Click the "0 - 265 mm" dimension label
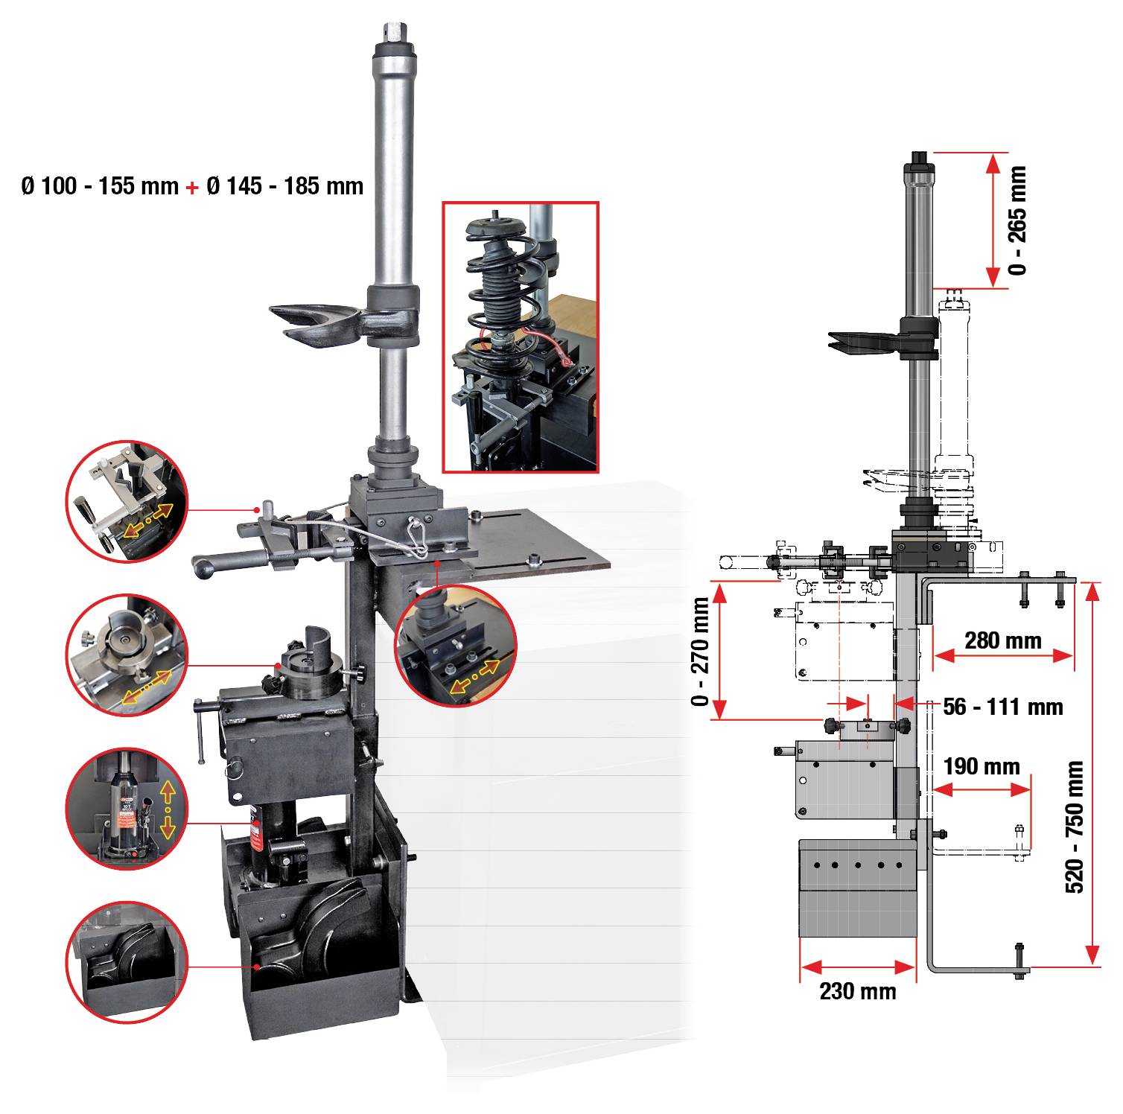1017,220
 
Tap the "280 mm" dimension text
1002,640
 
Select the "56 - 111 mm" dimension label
1003,706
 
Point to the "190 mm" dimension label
982,766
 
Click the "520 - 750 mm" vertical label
1075,827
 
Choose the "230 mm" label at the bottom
858,991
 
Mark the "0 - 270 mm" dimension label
701,652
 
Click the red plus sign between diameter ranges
193,186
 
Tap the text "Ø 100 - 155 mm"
101,185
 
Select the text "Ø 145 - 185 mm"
285,185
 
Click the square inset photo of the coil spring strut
521,337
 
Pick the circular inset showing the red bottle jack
127,810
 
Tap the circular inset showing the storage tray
127,960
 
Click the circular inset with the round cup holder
127,655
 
